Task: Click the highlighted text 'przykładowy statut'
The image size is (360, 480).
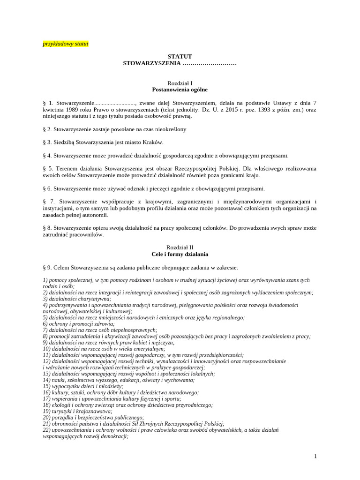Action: coord(65,44)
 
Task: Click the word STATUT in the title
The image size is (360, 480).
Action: coord(180,56)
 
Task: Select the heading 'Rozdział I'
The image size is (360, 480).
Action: coord(180,82)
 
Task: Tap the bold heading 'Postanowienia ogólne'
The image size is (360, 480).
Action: coord(180,89)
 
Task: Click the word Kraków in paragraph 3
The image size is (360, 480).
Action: coord(153,142)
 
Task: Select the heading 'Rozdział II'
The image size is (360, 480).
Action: coord(180,247)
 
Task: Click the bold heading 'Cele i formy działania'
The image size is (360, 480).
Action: coord(180,254)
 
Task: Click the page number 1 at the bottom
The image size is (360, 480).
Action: coord(315,456)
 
